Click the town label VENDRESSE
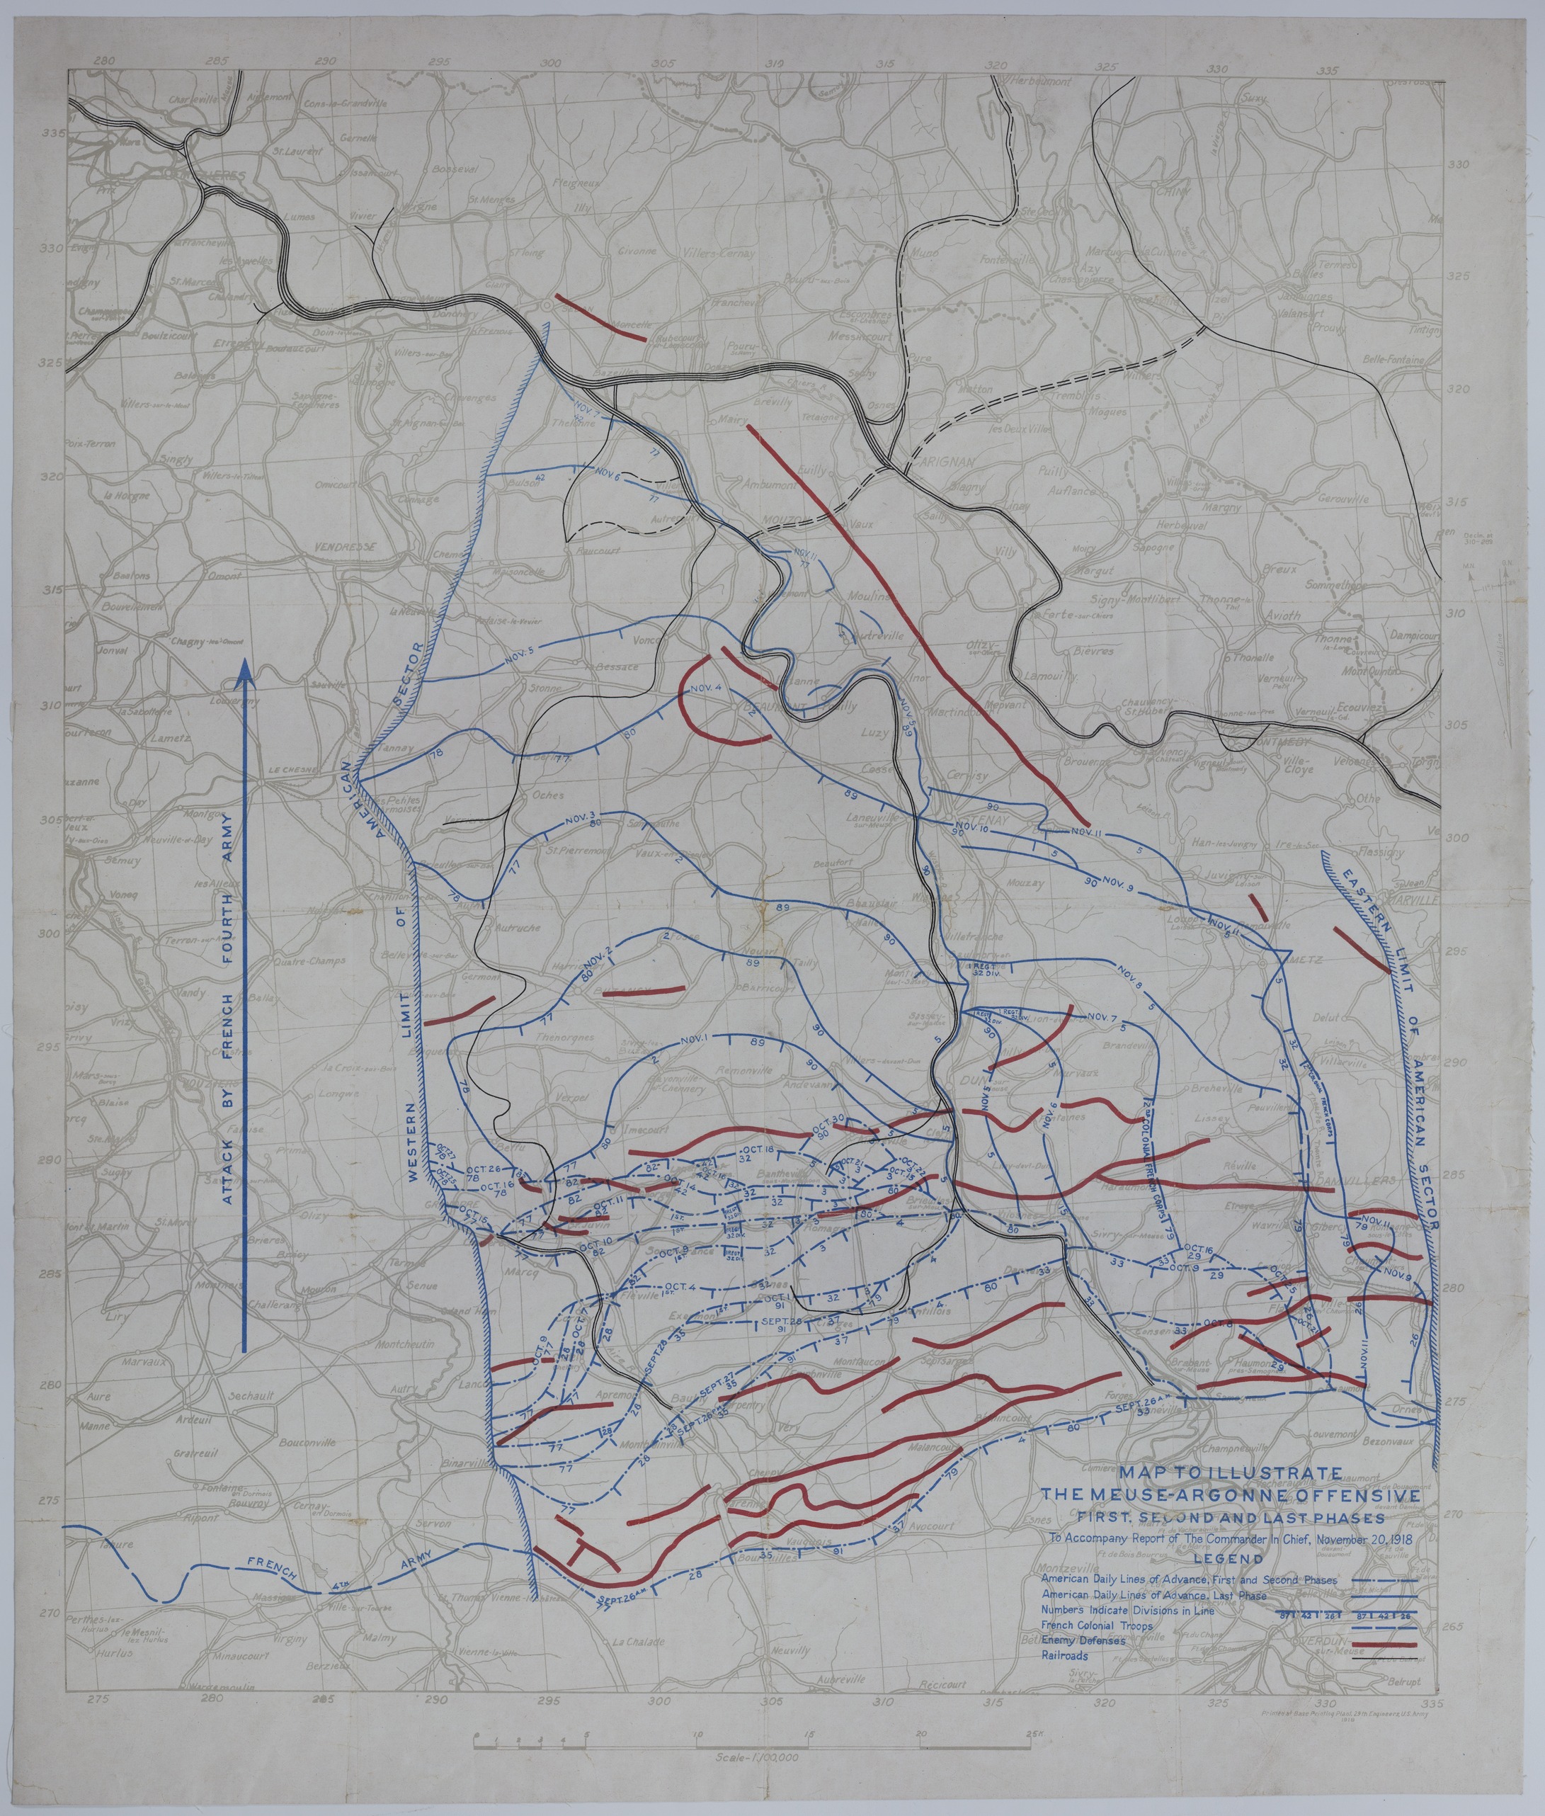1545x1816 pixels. pos(344,546)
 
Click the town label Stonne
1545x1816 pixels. pos(544,688)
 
